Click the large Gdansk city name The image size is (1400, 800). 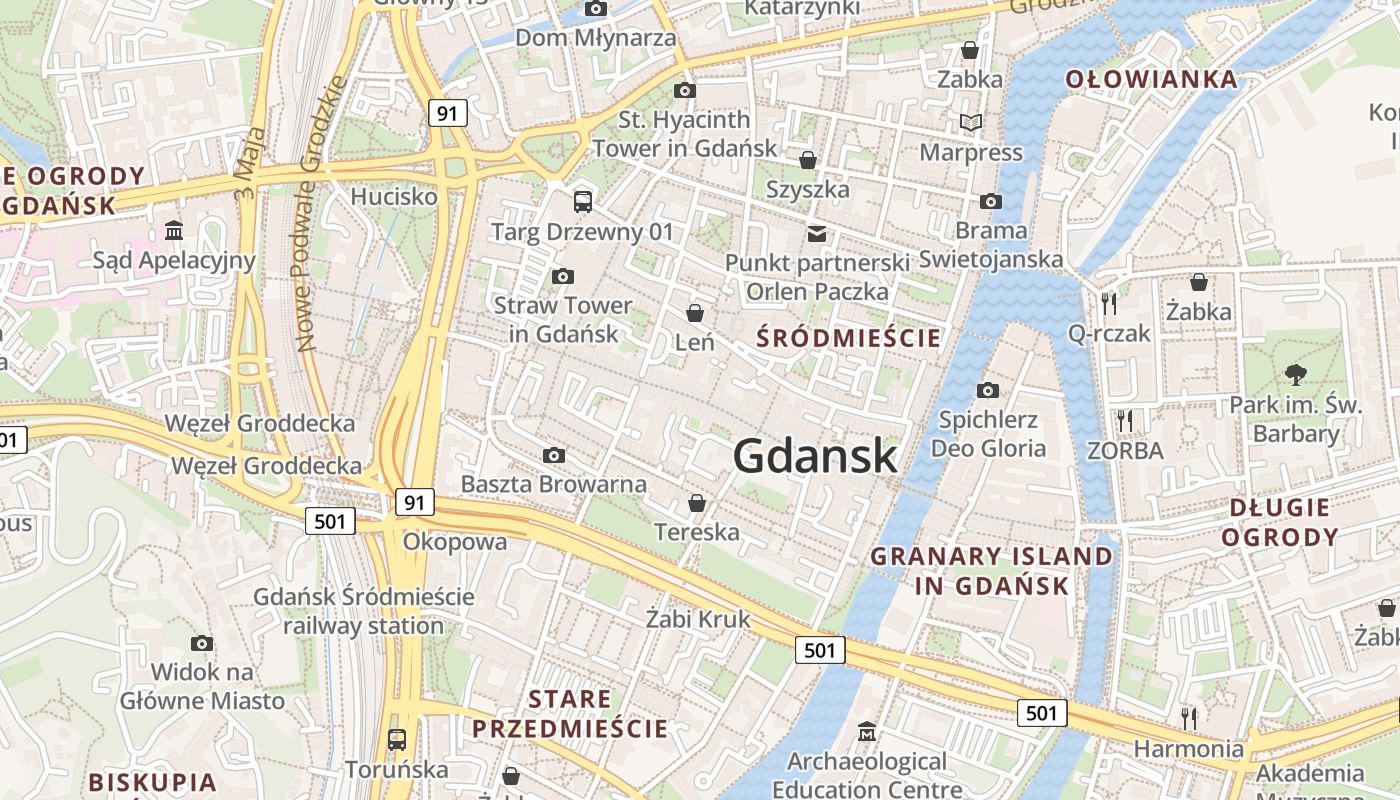pos(815,456)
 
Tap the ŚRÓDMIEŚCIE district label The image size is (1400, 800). pos(849,338)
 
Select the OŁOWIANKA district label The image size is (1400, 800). pos(1151,80)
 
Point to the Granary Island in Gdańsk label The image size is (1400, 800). pos(991,571)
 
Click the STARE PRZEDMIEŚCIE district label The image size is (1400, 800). pos(570,713)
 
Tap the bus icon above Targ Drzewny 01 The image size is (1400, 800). pos(583,202)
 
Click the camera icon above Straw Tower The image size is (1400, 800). pos(563,276)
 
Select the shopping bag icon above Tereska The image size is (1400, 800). pos(697,503)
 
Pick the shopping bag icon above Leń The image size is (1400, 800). pos(694,313)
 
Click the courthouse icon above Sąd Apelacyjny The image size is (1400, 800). pos(174,231)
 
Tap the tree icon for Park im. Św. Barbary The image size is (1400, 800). pos(1296,375)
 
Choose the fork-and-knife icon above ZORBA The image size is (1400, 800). pos(1125,421)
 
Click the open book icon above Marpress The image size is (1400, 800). pos(971,123)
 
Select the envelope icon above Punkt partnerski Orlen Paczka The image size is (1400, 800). pos(817,233)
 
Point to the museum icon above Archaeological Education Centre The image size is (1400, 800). pos(867,732)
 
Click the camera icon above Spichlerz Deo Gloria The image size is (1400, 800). pos(988,390)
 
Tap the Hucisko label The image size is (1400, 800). pos(394,196)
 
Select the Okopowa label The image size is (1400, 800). pos(455,542)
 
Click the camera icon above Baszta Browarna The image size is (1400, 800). pos(554,456)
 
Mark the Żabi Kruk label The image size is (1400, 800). pos(698,619)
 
